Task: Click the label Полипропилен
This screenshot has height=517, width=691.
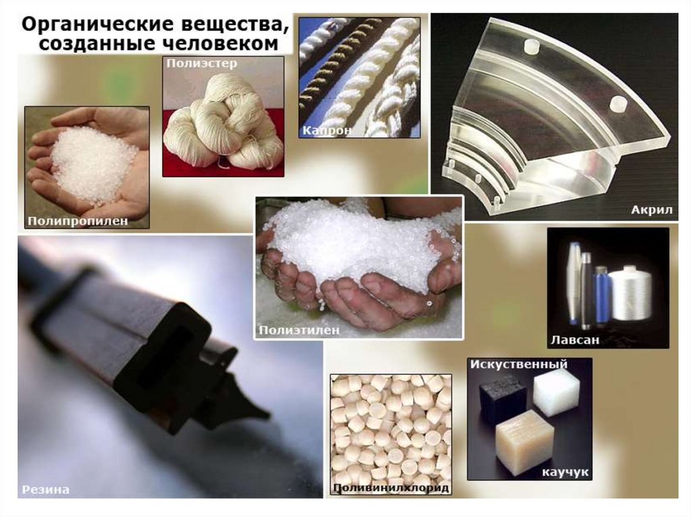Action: pos(78,220)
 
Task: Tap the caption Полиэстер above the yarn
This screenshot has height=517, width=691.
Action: pos(202,63)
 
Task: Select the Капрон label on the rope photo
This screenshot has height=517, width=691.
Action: pos(327,130)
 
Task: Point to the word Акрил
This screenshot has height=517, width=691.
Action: pos(652,210)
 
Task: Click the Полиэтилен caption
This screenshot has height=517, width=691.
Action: pos(299,330)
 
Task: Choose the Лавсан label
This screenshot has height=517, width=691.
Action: pos(575,340)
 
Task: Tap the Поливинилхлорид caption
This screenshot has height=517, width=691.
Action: pos(391,487)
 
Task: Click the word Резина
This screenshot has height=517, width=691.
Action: pos(45,489)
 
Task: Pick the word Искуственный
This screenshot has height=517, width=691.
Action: pos(519,365)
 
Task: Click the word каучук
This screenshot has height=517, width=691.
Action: pos(565,472)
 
